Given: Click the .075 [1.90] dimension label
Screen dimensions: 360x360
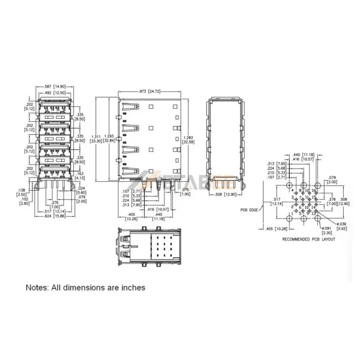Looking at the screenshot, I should click(x=185, y=192).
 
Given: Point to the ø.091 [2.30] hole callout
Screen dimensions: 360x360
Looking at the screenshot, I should click(x=326, y=230).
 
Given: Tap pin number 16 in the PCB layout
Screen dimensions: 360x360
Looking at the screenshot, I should click(x=313, y=190).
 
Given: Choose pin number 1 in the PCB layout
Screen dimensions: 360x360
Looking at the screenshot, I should click(x=292, y=214).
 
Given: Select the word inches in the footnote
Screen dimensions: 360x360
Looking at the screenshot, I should click(x=133, y=287).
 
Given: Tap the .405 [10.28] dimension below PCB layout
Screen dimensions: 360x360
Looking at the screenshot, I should click(x=272, y=229).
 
